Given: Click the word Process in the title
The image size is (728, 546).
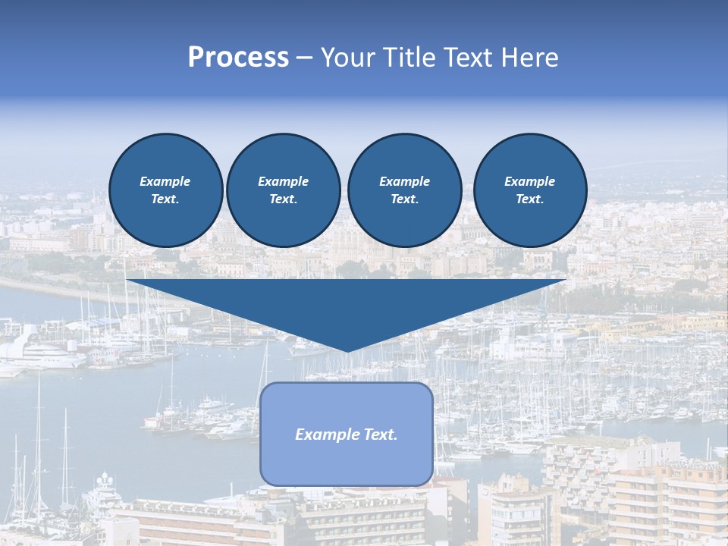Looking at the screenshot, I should point(238,58).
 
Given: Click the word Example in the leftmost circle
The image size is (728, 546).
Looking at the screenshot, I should point(165,181).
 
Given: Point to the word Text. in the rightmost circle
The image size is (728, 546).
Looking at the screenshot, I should point(529,199).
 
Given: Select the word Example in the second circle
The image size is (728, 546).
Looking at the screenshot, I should point(283,181).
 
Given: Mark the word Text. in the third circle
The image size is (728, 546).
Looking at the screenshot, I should point(404,199).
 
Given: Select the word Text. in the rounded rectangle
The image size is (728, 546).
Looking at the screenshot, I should point(380,435).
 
